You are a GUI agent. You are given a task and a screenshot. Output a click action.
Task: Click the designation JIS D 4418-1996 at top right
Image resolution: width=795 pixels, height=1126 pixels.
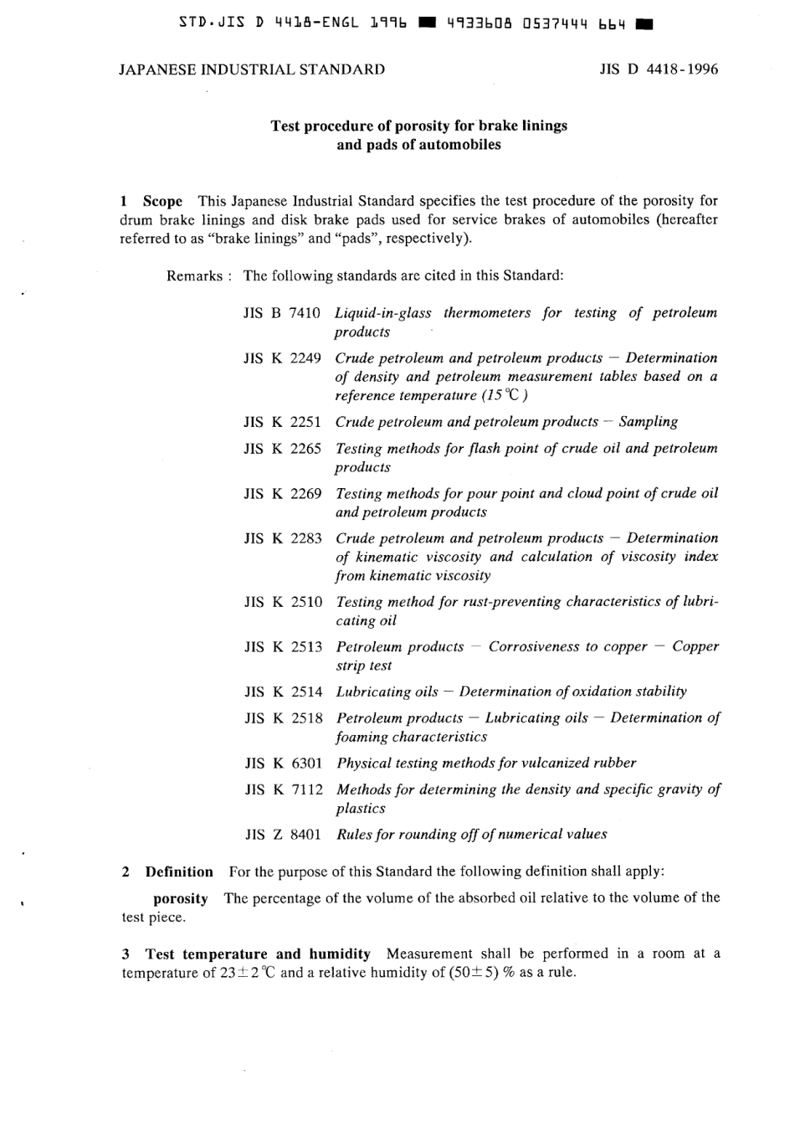point(658,69)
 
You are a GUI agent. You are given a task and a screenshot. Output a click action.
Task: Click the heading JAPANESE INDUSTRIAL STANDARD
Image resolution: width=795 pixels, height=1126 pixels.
point(252,69)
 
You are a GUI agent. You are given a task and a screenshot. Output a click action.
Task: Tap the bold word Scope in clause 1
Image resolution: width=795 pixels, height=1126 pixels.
point(162,201)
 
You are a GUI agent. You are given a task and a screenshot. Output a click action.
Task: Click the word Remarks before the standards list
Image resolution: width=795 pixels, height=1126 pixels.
point(194,275)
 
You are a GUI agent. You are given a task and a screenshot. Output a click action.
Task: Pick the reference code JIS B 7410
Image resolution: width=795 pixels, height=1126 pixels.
point(282,313)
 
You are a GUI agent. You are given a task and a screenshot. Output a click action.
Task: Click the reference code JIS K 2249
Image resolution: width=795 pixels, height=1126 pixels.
point(282,358)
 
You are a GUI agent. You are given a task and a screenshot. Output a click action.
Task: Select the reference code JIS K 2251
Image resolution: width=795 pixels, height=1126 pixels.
point(282,422)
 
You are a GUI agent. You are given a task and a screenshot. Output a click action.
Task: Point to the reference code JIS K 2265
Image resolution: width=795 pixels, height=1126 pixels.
point(282,449)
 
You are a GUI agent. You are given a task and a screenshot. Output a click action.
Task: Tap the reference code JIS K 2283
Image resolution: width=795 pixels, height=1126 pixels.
point(283,538)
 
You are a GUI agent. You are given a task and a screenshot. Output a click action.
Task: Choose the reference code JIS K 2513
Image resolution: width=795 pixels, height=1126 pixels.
point(283,647)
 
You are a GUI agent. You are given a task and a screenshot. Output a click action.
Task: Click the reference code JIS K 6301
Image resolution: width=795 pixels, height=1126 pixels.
point(283,764)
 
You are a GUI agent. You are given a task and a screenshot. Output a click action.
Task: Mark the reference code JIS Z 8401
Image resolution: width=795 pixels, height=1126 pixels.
point(283,835)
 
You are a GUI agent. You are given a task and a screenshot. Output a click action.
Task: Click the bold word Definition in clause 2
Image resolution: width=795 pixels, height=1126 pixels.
point(179,871)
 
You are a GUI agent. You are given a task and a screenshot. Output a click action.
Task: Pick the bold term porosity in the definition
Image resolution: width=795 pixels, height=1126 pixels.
point(181,898)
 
